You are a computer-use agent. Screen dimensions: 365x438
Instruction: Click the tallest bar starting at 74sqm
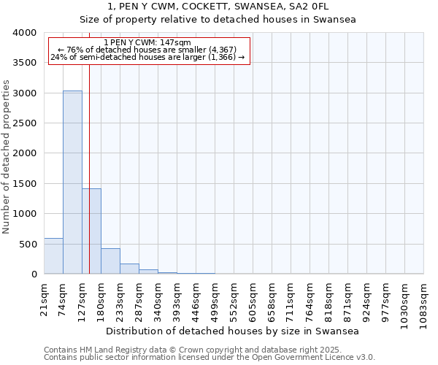point(72,182)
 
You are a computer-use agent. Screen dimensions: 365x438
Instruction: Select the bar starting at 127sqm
point(91,231)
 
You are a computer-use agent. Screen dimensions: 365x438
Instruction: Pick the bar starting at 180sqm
point(110,261)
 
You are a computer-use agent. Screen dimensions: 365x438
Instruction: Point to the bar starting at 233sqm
point(129,269)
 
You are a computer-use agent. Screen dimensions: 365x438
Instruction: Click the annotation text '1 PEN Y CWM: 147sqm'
point(148,43)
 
